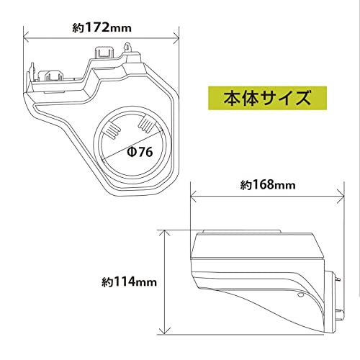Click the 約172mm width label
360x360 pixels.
click(101, 29)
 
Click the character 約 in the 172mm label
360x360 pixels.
click(78, 29)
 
